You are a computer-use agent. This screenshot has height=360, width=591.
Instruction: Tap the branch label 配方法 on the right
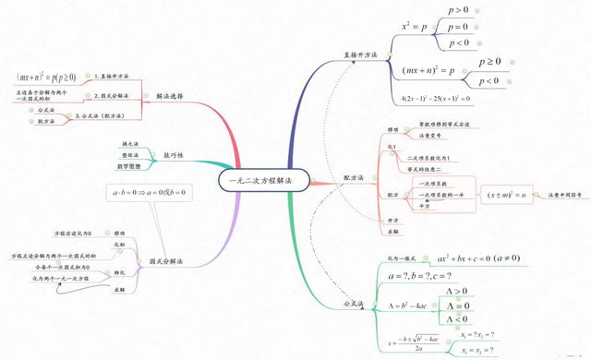click(x=354, y=177)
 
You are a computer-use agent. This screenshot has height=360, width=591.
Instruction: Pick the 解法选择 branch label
click(x=169, y=95)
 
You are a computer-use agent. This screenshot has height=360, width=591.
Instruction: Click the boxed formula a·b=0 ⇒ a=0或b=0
click(x=149, y=193)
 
